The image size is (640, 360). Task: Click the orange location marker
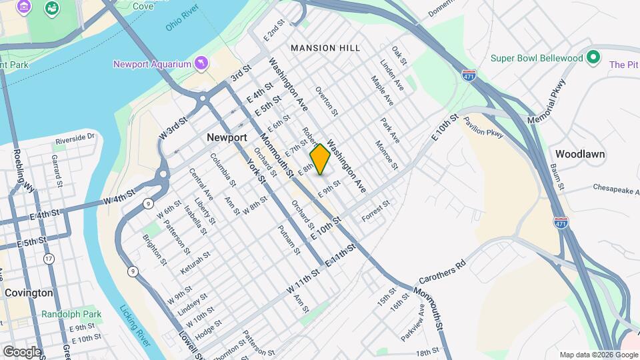coord(320,159)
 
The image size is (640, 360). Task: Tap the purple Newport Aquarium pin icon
coord(201,64)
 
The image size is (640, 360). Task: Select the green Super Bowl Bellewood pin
coord(593,58)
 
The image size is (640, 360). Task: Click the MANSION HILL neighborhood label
coord(325,48)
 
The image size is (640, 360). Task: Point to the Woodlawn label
coord(580,154)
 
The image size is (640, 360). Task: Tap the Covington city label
coord(29,293)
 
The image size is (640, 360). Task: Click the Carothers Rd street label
coord(441,271)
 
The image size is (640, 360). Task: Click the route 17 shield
coord(49,259)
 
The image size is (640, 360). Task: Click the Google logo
coord(22,351)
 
